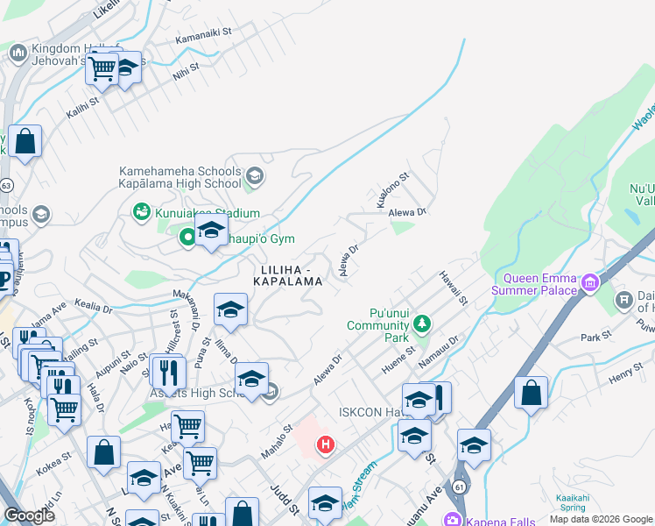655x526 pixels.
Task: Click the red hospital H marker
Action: coord(326,445)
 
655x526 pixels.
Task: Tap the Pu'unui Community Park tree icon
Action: coord(422,324)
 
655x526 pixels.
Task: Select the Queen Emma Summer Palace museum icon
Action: coord(589,282)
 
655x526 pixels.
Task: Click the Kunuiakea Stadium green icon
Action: coord(140,212)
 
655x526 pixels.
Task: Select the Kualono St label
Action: coord(393,190)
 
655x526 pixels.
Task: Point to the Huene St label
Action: coord(398,363)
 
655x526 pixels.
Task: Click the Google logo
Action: coord(29,515)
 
